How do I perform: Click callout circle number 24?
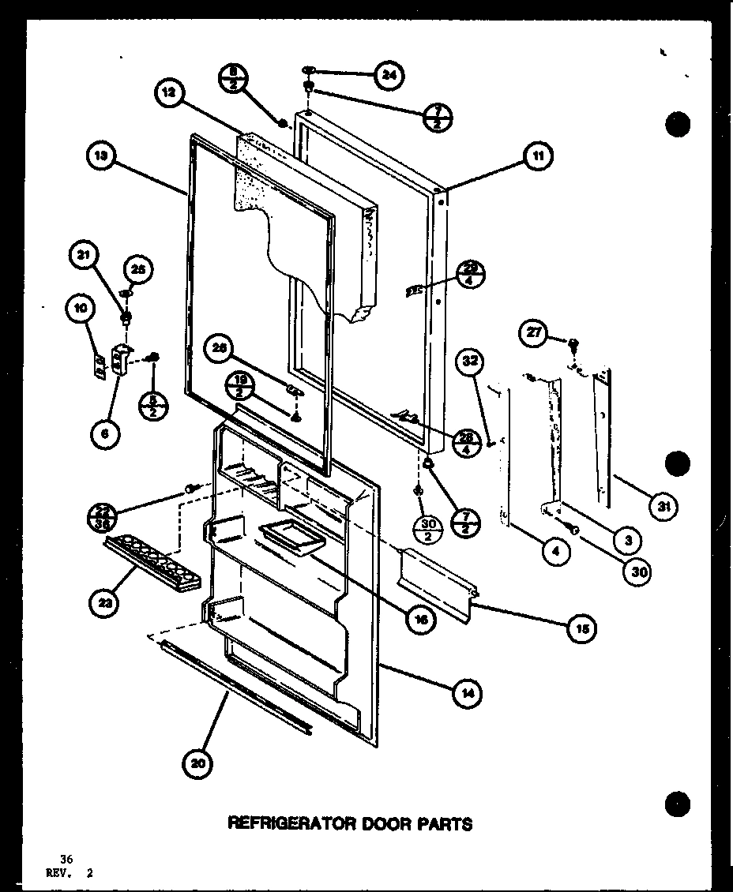pyautogui.click(x=389, y=76)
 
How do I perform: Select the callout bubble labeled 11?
pyautogui.click(x=537, y=156)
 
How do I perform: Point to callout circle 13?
pyautogui.click(x=101, y=156)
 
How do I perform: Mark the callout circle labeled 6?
pyautogui.click(x=104, y=433)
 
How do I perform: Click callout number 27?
pyautogui.click(x=535, y=333)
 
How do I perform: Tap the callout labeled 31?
pyautogui.click(x=664, y=507)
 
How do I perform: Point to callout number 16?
pyautogui.click(x=421, y=619)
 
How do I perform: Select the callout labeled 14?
pyautogui.click(x=468, y=694)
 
